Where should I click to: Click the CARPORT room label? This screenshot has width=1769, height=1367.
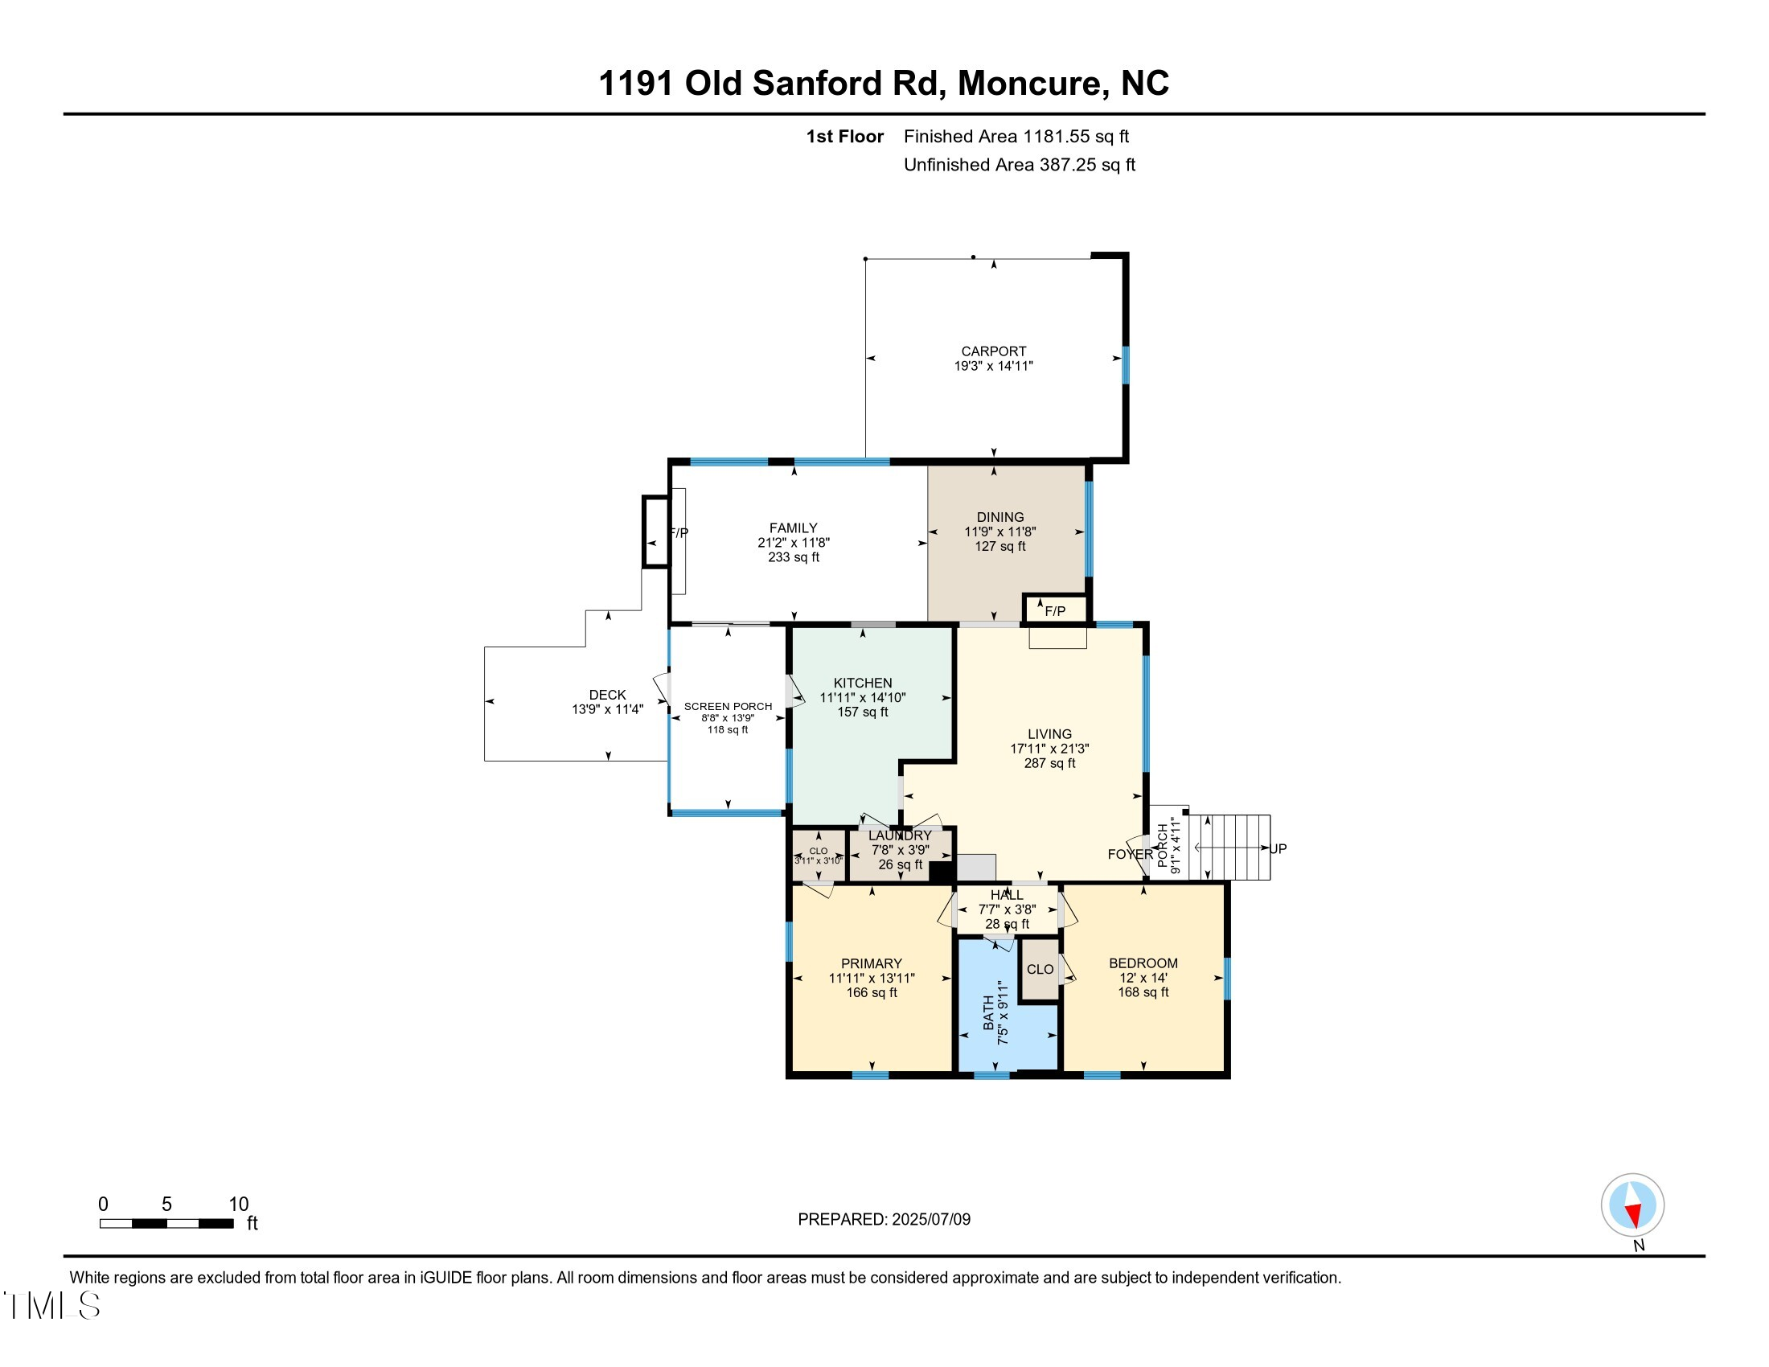[x=993, y=351]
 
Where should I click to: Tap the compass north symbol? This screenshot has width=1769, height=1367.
[x=1632, y=1205]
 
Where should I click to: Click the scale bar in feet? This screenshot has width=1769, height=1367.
[x=166, y=1223]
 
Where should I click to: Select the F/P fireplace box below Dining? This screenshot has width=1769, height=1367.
[x=1055, y=610]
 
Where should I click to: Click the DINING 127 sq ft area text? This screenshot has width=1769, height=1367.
[x=999, y=547]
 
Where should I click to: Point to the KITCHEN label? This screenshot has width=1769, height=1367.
[x=863, y=683]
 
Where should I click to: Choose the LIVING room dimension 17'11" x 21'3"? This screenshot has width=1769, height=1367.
[x=1049, y=749]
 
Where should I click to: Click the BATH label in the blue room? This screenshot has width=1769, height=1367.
[x=989, y=1013]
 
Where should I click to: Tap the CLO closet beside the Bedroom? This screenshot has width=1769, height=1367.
[x=1040, y=970]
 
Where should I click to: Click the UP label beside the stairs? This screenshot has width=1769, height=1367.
[x=1279, y=848]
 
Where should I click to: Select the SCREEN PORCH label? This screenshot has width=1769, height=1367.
[x=728, y=706]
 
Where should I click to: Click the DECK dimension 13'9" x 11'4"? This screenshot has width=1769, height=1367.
[x=607, y=709]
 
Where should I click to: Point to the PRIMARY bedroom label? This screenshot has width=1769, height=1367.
[x=872, y=963]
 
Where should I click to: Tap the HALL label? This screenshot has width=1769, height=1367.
[x=1007, y=895]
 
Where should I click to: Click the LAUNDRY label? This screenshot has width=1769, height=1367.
[x=900, y=835]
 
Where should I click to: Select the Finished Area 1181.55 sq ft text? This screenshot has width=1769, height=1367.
[x=1016, y=136]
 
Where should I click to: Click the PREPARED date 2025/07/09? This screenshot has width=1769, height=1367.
[x=884, y=1219]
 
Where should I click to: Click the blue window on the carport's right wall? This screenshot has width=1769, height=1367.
[x=1125, y=365]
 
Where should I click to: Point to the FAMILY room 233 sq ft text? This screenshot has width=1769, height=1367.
[x=794, y=557]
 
